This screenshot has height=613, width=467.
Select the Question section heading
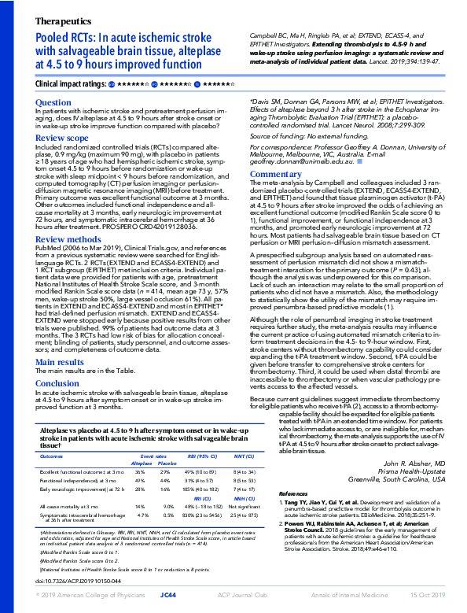(53, 102)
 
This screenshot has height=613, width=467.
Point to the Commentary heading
(275, 174)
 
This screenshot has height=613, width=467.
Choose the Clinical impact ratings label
(70, 83)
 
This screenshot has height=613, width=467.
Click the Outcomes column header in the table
(51, 456)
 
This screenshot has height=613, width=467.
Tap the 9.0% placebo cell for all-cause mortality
(167, 507)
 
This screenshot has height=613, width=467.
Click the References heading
(294, 493)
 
